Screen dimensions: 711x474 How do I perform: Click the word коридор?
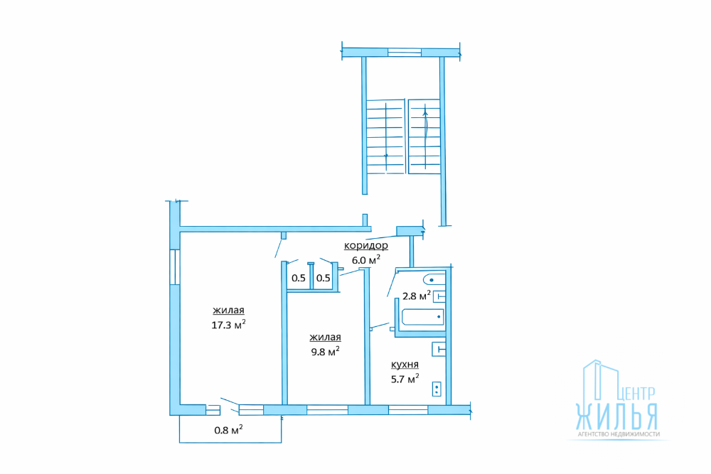[x=366, y=245]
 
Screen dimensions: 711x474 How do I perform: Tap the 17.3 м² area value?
[x=228, y=325]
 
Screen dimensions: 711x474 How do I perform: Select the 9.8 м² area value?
[x=325, y=351]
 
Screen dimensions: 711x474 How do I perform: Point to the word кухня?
[x=405, y=365]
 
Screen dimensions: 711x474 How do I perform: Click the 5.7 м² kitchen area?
[x=405, y=378]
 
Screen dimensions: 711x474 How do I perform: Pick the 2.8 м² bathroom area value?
[x=416, y=296]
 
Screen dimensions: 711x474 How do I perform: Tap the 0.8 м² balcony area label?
[x=228, y=429]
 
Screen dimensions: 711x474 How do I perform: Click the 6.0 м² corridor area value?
[x=366, y=259]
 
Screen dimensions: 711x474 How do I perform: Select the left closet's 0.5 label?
[x=299, y=278]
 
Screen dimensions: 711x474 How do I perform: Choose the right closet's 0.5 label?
[x=324, y=278]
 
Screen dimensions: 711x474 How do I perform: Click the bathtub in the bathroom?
[x=422, y=317]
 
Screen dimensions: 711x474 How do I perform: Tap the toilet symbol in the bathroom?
[x=434, y=279]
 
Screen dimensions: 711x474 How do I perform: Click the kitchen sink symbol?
[x=439, y=350]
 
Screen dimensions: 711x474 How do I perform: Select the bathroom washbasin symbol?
[x=439, y=297]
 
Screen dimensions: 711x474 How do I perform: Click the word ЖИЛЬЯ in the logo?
[x=616, y=416]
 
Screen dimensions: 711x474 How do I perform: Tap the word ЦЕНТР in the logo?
[x=636, y=393]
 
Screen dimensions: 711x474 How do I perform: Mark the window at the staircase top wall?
[x=405, y=53]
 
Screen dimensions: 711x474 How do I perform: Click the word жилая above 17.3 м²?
[x=228, y=311]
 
